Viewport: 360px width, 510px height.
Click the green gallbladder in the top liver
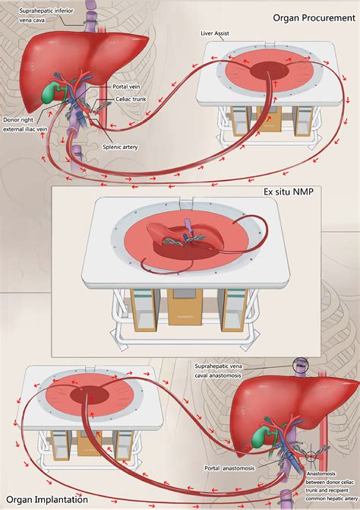52,91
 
